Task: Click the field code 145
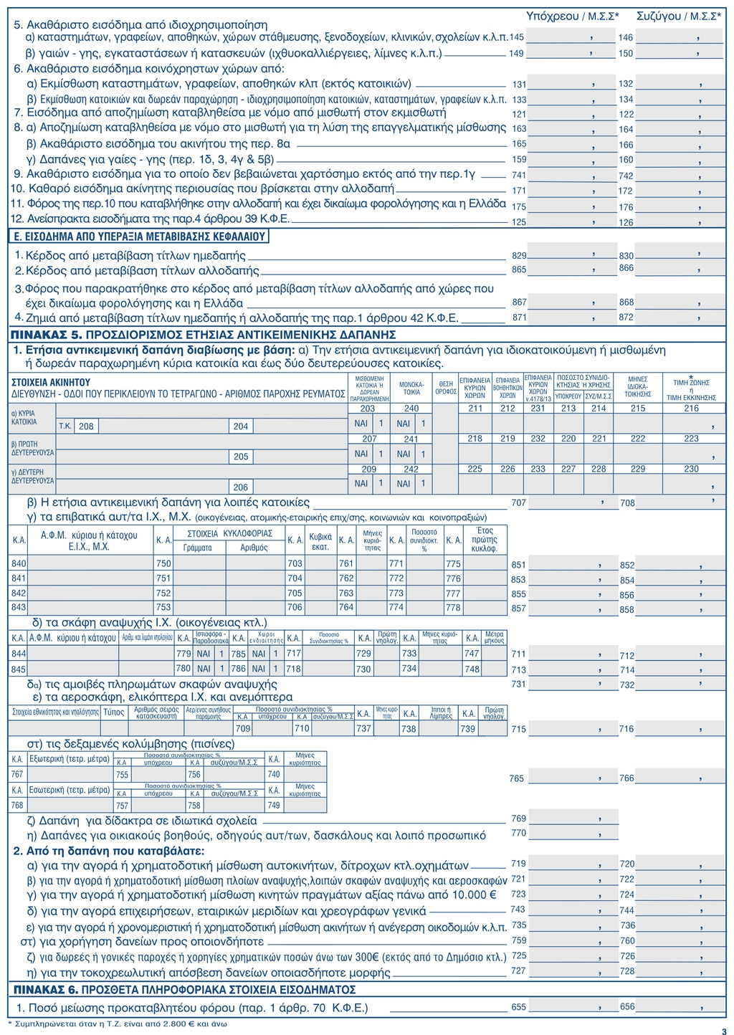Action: tap(516, 36)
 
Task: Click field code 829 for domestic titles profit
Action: tap(518, 255)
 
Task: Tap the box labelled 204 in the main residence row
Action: tap(241, 426)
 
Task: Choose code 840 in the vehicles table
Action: tap(19, 564)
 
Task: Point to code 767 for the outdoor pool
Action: tap(18, 774)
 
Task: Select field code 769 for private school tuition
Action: tap(518, 819)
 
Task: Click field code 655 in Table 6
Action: tap(518, 1007)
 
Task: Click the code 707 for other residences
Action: tap(518, 503)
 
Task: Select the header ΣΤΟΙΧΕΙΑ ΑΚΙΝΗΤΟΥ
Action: tap(50, 382)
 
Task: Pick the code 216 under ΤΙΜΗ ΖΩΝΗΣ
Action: tap(691, 409)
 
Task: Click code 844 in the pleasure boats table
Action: tap(19, 654)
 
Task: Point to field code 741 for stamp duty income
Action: tap(518, 176)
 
